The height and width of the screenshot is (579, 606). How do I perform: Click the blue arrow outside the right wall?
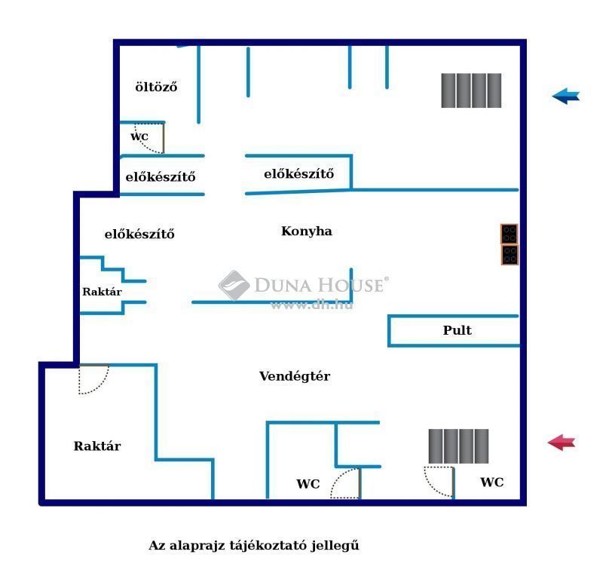[x=565, y=96]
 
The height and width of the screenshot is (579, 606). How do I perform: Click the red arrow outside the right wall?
[x=562, y=443]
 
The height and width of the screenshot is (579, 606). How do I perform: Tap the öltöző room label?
[x=156, y=87]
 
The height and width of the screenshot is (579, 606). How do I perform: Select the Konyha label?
[x=307, y=231]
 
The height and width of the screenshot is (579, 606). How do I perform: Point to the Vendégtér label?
[x=295, y=376]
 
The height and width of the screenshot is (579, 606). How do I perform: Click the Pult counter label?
[x=458, y=330]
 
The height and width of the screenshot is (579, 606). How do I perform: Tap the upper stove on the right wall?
[x=510, y=234]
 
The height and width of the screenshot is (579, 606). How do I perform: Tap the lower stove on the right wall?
[x=510, y=255]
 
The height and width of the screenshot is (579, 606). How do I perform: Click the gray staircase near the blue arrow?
[x=471, y=90]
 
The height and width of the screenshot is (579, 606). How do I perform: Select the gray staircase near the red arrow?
[x=458, y=446]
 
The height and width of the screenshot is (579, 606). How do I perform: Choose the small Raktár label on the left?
[x=102, y=292]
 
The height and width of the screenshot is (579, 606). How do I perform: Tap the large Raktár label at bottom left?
[x=97, y=446]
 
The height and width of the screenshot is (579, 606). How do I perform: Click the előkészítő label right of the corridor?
[x=298, y=174]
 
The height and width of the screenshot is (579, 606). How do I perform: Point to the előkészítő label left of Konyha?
[x=139, y=234]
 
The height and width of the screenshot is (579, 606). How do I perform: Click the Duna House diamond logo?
[x=234, y=285]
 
